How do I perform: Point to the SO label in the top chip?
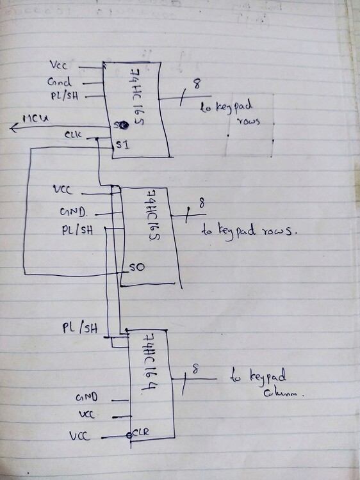pos(118,124)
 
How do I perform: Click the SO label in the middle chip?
pos(136,266)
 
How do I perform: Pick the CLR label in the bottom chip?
pos(141,433)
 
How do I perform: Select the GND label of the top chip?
pos(56,81)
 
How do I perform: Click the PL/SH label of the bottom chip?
pos(79,328)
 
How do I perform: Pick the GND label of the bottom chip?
pos(86,397)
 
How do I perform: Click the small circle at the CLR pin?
pos(129,436)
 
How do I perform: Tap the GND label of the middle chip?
pos(71,211)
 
